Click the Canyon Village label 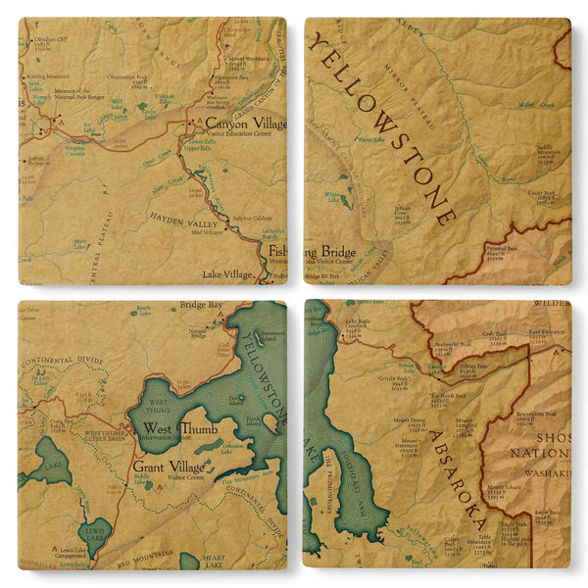245,124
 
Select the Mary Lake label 79,240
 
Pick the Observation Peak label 127,77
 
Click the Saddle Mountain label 546,148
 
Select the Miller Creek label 537,105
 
